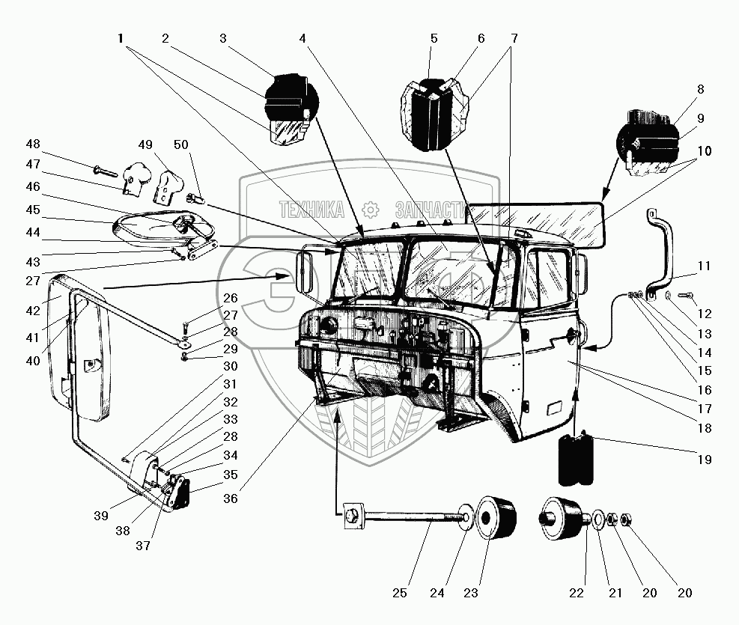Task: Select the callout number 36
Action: pyautogui.click(x=231, y=499)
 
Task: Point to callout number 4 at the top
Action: pyautogui.click(x=302, y=37)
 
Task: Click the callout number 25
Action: pyautogui.click(x=400, y=594)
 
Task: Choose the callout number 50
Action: pyautogui.click(x=181, y=144)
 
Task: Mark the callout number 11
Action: pyautogui.click(x=703, y=266)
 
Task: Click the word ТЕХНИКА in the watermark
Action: pyautogui.click(x=311, y=210)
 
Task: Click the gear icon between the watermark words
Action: pyautogui.click(x=367, y=210)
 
